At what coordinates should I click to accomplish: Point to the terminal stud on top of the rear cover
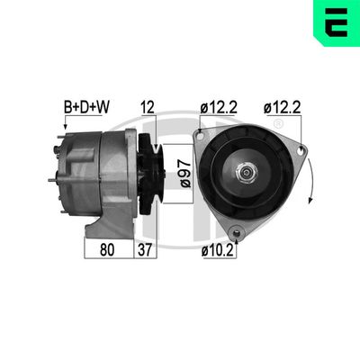64,137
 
